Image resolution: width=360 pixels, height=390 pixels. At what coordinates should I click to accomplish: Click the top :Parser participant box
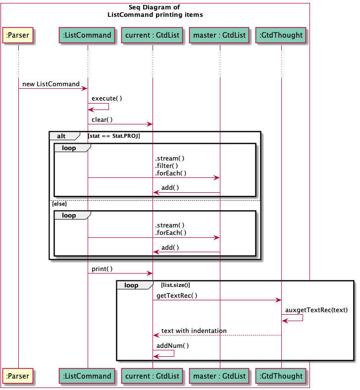click(x=18, y=35)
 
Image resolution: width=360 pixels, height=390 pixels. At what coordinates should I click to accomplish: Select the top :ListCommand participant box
click(x=88, y=35)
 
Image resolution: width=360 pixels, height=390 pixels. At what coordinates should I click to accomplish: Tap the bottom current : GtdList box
click(x=152, y=376)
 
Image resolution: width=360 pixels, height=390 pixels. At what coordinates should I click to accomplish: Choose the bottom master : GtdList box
click(x=219, y=376)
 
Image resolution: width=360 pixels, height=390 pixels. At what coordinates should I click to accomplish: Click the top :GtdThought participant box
click(x=281, y=35)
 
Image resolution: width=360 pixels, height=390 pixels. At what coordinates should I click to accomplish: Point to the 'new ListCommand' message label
click(x=51, y=84)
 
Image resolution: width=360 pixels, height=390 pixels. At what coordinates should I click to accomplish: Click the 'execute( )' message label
click(x=106, y=99)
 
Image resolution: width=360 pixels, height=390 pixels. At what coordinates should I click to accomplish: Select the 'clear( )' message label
click(x=102, y=119)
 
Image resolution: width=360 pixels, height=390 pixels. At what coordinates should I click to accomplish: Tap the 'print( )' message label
click(x=102, y=269)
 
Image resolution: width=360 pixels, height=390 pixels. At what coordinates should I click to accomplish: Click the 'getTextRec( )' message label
click(x=177, y=296)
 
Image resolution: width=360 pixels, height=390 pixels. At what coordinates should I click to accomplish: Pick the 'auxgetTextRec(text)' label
click(x=316, y=310)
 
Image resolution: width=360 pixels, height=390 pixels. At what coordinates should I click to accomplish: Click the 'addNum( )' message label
click(x=172, y=345)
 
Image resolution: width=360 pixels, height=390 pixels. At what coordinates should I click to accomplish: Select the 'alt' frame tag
click(x=61, y=136)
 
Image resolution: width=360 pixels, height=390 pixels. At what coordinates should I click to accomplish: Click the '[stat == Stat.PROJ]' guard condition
click(x=114, y=136)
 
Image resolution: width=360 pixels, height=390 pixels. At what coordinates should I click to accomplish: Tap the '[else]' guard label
click(x=59, y=204)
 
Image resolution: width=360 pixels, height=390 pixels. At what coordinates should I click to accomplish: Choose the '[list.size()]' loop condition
click(x=175, y=285)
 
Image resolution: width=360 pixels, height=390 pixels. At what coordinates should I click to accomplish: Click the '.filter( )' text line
click(x=166, y=166)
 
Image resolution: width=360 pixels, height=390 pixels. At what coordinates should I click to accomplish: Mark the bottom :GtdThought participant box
click(x=281, y=376)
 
